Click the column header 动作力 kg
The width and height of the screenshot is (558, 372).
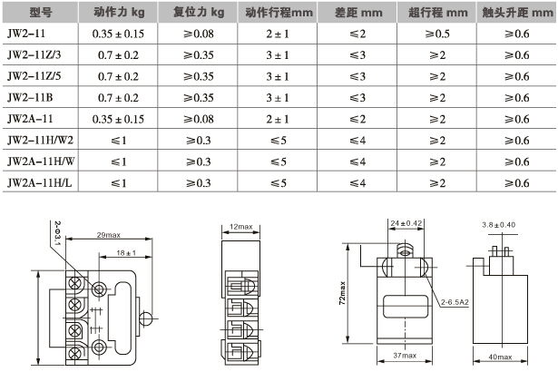tap(119, 13)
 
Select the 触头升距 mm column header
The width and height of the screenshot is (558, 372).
tap(517, 13)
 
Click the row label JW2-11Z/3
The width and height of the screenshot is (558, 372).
tap(34, 54)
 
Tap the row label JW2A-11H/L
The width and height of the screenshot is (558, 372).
tap(40, 182)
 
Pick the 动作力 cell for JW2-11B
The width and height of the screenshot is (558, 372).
tap(118, 98)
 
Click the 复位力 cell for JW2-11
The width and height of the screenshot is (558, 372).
tap(198, 34)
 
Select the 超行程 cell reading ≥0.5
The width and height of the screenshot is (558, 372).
tap(437, 34)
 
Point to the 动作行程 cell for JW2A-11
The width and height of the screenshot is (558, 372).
tap(278, 119)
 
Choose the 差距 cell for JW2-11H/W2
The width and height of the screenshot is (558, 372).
tap(357, 141)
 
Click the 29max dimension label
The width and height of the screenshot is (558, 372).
tap(109, 235)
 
